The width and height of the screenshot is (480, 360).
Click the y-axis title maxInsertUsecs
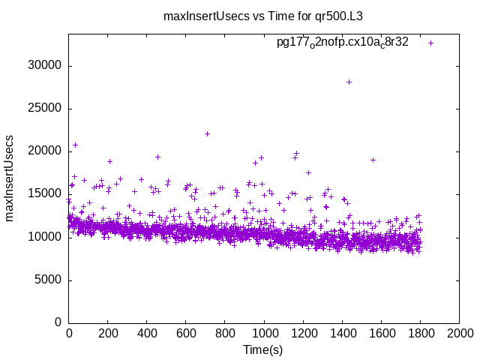click(10, 178)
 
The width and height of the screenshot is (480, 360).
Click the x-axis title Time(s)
click(262, 350)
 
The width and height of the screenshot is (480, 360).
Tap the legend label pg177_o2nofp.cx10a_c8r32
click(342, 42)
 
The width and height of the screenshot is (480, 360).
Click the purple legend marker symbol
click(430, 43)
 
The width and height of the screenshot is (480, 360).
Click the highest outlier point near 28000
click(349, 82)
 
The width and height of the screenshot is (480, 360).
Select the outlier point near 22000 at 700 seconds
click(207, 134)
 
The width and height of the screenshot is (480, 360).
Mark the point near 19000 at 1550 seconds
click(373, 160)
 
